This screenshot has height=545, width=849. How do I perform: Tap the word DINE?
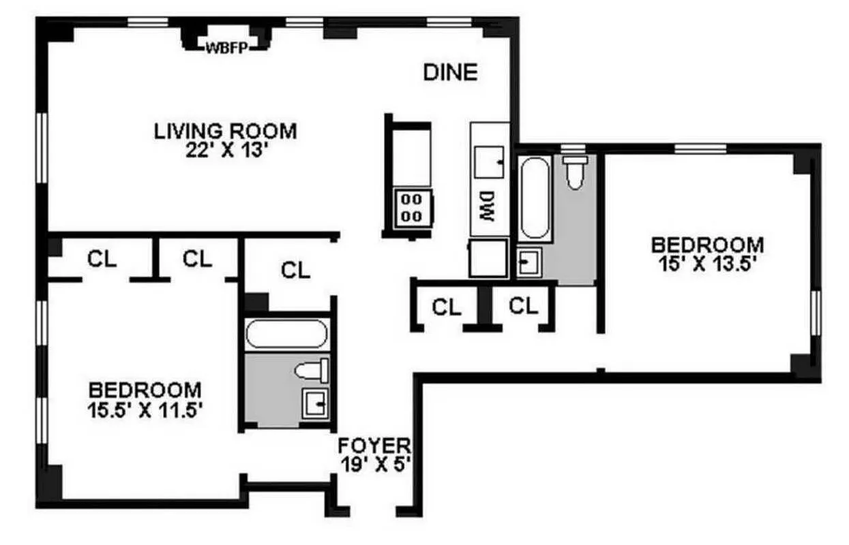[x=450, y=72]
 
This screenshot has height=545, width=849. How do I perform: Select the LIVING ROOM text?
[x=225, y=129]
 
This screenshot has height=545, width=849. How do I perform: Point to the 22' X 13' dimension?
[x=225, y=149]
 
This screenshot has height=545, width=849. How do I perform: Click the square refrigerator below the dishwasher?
[x=488, y=258]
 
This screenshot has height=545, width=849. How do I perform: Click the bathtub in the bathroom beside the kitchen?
[x=534, y=198]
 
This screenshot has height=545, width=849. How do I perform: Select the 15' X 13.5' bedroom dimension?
[x=707, y=264]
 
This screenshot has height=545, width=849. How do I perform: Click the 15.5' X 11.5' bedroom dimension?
[x=146, y=410]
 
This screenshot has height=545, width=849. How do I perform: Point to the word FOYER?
[x=375, y=446]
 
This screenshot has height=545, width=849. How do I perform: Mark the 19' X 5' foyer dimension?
[x=375, y=464]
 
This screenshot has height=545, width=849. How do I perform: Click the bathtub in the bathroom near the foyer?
[x=286, y=334]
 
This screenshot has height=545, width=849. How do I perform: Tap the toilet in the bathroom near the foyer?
[x=313, y=371]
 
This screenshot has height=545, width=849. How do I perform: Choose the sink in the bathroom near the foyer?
[x=315, y=403]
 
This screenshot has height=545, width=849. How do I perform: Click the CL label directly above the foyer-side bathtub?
[x=295, y=270]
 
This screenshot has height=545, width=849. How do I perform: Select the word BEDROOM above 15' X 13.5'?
[x=707, y=244]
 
